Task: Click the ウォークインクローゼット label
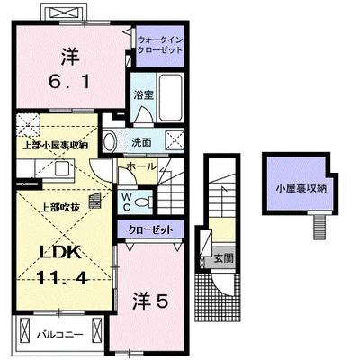[x=160, y=45]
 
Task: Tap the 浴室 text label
[x=144, y=95]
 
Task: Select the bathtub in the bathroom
[x=170, y=97]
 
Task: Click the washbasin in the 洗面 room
[x=109, y=142]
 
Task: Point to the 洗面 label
[x=141, y=143]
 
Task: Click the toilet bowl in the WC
[x=142, y=202]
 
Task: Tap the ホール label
[x=141, y=166]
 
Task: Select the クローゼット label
[x=150, y=229]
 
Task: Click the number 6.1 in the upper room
[x=69, y=81]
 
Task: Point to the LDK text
[x=61, y=253]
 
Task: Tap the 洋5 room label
[x=150, y=301]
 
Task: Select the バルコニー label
[x=59, y=334]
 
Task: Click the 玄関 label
[x=223, y=258]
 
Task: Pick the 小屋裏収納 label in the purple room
[x=301, y=188]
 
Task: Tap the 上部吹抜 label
[x=60, y=208]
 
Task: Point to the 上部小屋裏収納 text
[x=56, y=146]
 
